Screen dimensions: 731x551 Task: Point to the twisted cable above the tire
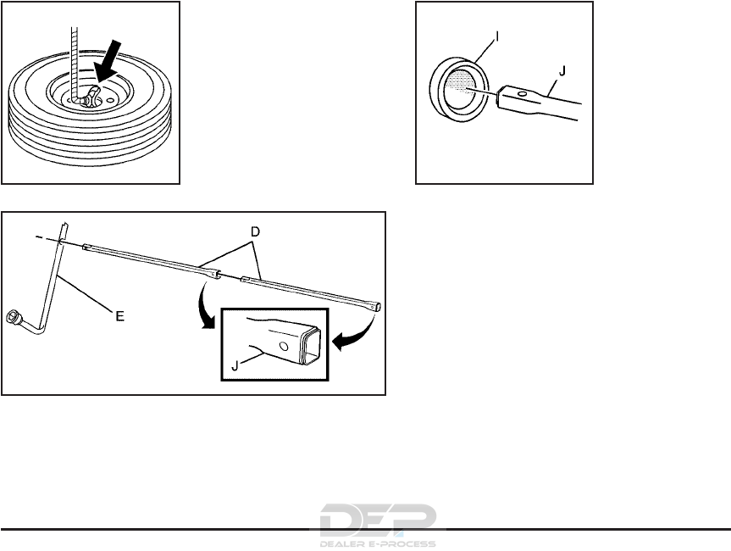pyautogui.click(x=74, y=51)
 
